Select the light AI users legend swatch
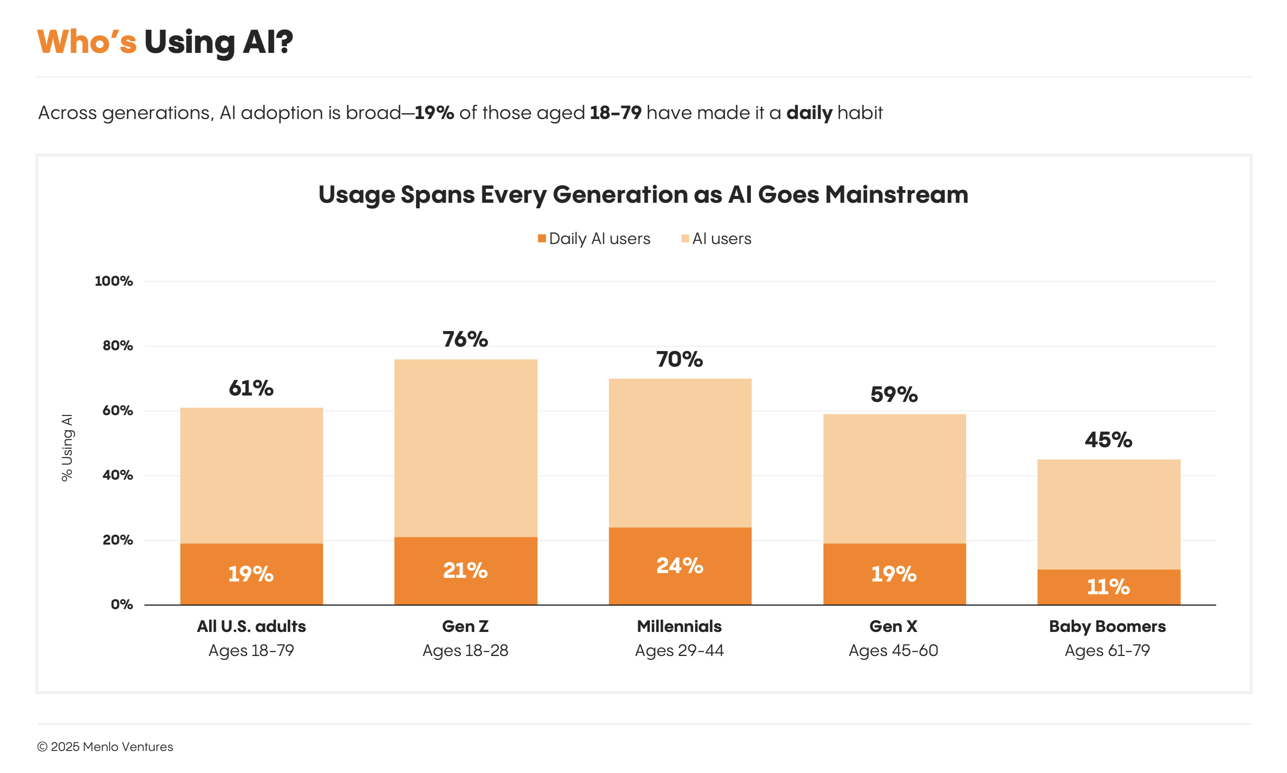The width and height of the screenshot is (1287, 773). click(685, 238)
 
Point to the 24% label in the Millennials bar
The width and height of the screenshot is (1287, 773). click(680, 566)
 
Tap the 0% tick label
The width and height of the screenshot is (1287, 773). click(121, 604)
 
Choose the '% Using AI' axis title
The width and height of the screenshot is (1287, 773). click(67, 448)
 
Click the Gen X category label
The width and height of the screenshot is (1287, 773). click(893, 626)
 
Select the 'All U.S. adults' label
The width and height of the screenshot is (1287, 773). click(251, 626)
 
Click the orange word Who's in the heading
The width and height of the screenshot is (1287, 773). click(87, 42)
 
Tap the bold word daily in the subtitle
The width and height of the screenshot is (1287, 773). click(809, 113)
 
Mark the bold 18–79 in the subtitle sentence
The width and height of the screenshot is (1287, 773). click(615, 113)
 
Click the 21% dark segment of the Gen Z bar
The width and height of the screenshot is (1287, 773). click(465, 570)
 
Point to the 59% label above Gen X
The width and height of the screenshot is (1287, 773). click(894, 394)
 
